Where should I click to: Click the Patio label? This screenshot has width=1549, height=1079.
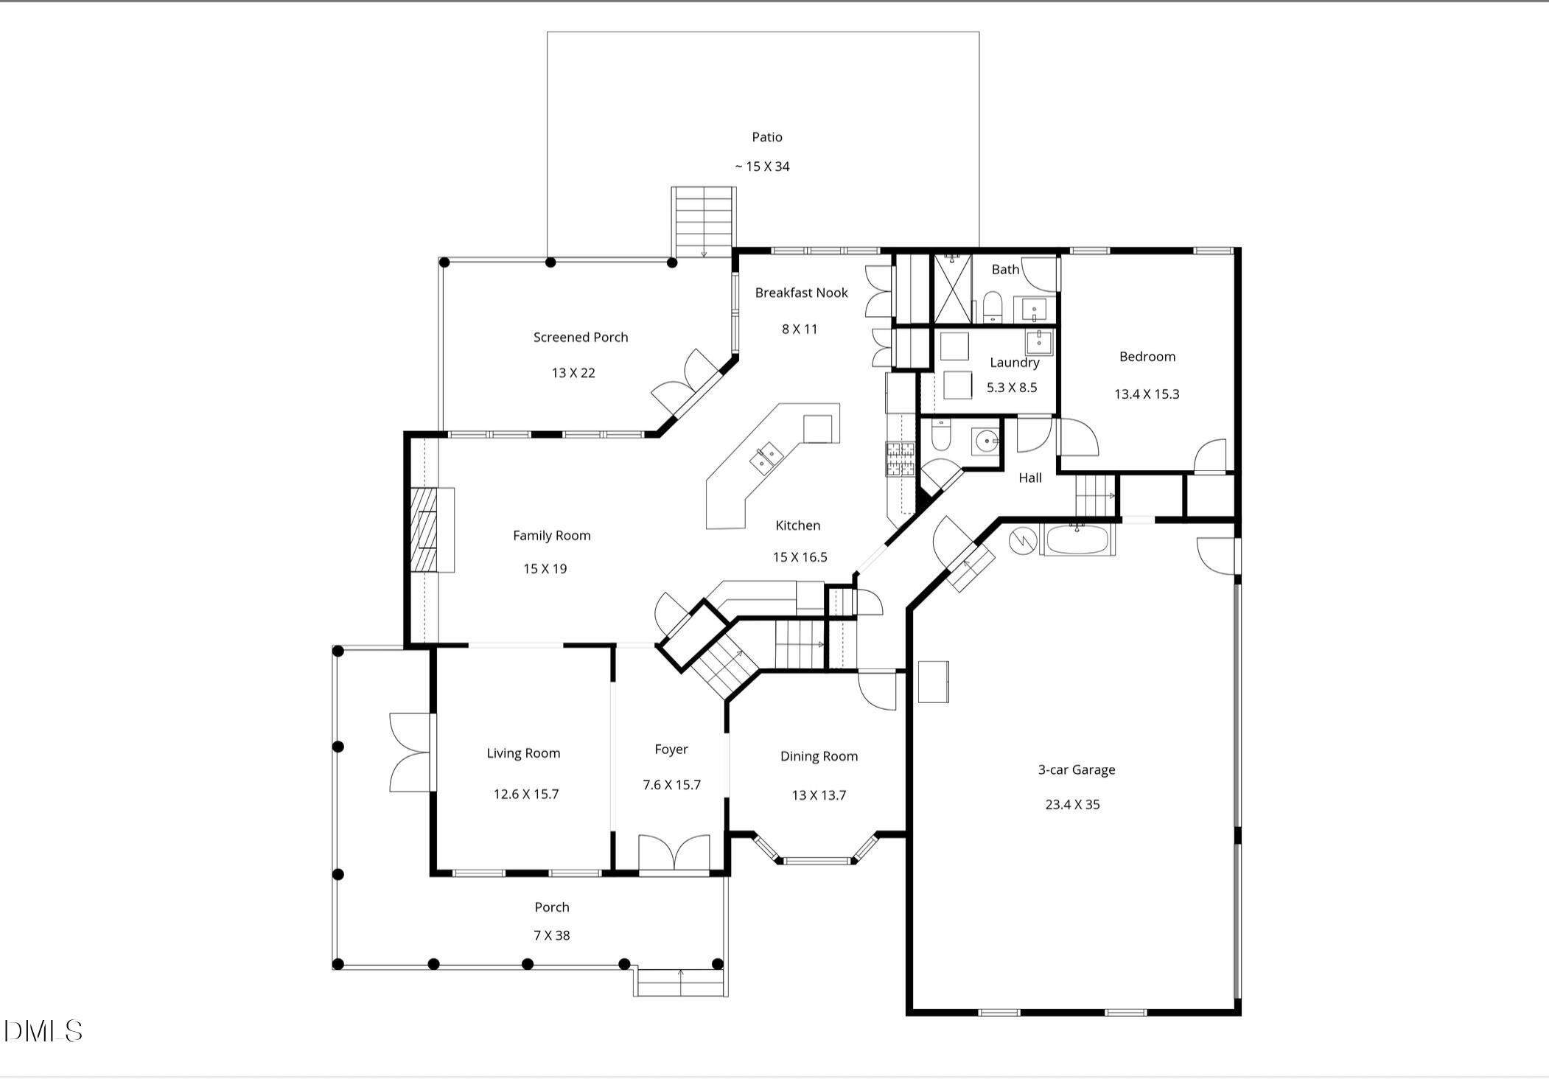[x=766, y=137]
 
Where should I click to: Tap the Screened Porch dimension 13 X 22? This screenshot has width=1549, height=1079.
[x=573, y=373]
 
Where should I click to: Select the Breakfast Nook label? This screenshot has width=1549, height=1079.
[x=801, y=293]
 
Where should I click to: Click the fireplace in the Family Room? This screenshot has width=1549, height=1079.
[x=425, y=530]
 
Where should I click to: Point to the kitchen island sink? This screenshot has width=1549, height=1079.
[x=766, y=458]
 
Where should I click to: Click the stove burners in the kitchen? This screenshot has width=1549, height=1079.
[x=899, y=459]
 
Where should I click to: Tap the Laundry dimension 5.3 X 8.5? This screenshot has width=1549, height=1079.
[x=1011, y=388]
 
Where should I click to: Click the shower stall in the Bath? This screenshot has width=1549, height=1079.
[x=952, y=289]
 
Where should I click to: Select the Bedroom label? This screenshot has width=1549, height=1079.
[x=1147, y=357]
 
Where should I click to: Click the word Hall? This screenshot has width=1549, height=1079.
[x=1029, y=478]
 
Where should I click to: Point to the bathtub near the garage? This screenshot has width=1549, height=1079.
[x=1077, y=540]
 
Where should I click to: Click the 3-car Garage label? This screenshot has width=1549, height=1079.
[x=1076, y=769]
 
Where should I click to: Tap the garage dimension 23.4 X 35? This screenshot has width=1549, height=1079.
[x=1072, y=805]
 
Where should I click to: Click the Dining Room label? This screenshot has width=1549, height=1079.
[x=819, y=756]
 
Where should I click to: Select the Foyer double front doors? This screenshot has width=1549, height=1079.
[x=674, y=853]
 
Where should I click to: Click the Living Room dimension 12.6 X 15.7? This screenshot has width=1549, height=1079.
[x=525, y=795]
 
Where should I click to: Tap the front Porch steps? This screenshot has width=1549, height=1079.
[x=680, y=982]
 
